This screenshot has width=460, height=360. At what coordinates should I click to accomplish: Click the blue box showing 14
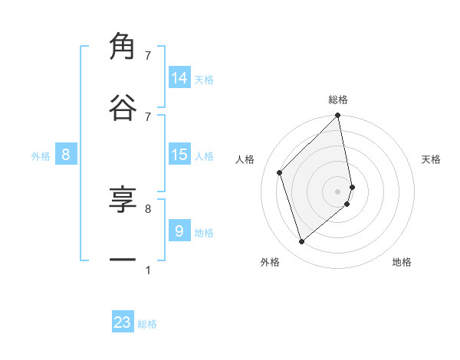179,77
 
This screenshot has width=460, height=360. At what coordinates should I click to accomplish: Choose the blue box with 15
179,155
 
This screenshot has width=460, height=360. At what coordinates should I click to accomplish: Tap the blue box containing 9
179,231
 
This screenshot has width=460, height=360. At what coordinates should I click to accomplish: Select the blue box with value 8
66,155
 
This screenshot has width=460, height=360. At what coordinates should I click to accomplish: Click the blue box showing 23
123,322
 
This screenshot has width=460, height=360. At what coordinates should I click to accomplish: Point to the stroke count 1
147,270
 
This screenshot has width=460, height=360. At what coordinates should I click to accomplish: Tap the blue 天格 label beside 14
204,80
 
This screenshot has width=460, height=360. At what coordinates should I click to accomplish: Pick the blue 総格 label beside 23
147,325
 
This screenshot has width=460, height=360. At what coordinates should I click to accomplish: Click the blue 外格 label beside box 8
41,156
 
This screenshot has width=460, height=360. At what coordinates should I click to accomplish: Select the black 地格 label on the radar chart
402,263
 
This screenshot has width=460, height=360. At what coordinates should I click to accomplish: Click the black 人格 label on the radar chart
245,159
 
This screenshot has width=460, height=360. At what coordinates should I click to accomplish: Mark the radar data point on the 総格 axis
338,116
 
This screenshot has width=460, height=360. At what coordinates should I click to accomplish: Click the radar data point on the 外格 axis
302,242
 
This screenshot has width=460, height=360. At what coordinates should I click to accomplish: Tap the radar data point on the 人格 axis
280,172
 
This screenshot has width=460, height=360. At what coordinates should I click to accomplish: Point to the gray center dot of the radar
338,191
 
